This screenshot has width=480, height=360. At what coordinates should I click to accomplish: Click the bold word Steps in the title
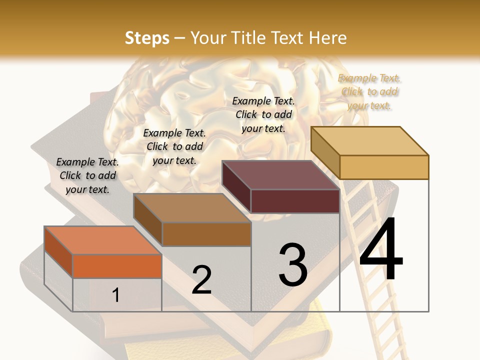coord(147,38)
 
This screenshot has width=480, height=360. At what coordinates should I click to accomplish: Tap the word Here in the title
coord(328,38)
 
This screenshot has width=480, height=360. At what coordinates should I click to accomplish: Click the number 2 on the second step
coord(202,280)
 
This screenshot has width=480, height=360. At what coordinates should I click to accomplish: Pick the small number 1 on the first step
coord(116,295)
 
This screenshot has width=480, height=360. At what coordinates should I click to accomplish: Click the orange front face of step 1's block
coord(117,266)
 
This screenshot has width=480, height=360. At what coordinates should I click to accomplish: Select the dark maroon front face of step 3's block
coord(295,201)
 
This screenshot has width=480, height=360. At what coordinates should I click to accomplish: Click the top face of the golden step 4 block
coord(369,140)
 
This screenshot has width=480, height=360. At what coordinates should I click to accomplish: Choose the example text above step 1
coord(87,175)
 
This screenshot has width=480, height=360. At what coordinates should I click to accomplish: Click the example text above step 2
coord(174,146)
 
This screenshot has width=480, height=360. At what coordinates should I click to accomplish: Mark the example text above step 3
coord(263,114)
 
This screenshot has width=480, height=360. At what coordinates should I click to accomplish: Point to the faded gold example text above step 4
coord(369,91)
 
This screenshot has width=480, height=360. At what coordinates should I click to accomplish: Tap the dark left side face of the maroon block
coord(236,187)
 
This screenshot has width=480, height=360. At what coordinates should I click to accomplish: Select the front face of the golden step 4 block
coord(384,167)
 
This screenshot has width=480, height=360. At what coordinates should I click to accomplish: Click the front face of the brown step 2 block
coord(206,234)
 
